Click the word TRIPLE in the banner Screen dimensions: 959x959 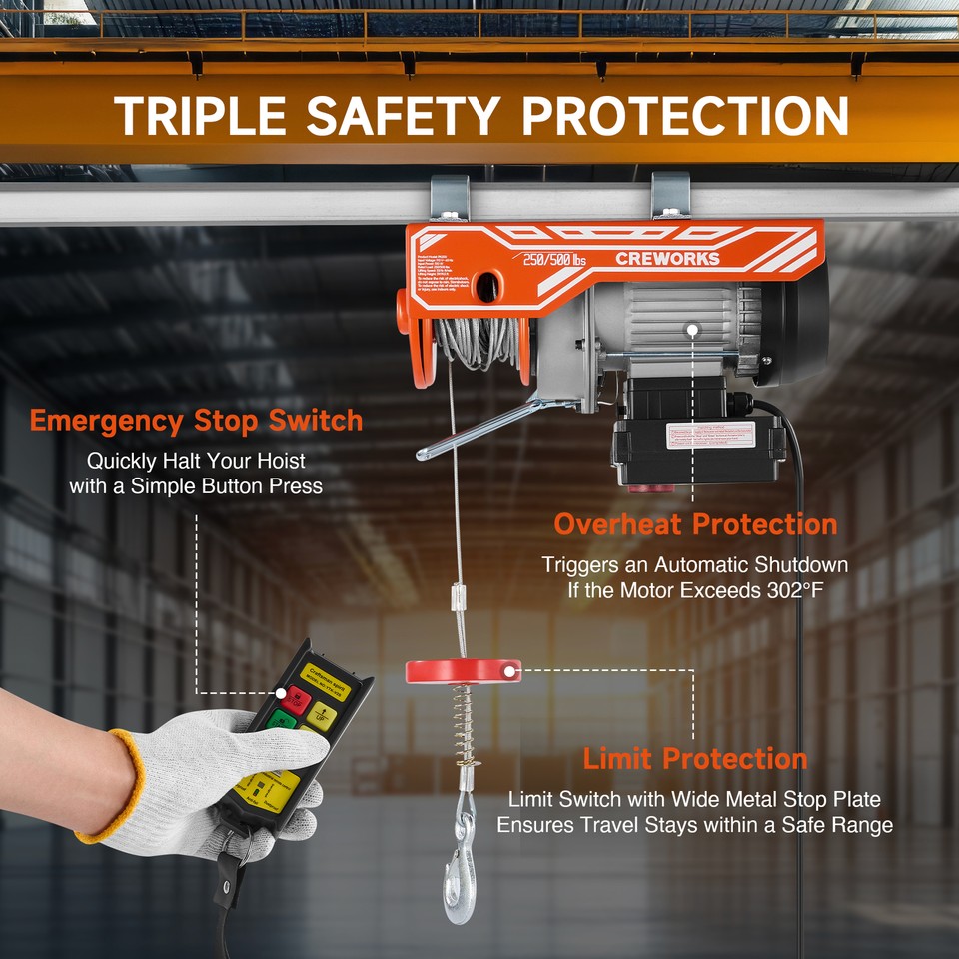pos(199,116)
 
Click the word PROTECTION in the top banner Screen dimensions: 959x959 pos(686,116)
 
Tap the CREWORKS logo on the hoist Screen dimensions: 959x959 pos(667,259)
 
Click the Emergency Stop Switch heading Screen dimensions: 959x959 pos(196,421)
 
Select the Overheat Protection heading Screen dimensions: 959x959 pos(695,524)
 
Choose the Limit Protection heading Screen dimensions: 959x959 pos(695,759)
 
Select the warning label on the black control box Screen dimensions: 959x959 pos(710,437)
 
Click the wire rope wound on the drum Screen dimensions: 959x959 pos(479,345)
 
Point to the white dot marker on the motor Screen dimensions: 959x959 pos(692,328)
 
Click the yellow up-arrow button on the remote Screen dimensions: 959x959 pos(321,714)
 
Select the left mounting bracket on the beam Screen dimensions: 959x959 pos(450,200)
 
